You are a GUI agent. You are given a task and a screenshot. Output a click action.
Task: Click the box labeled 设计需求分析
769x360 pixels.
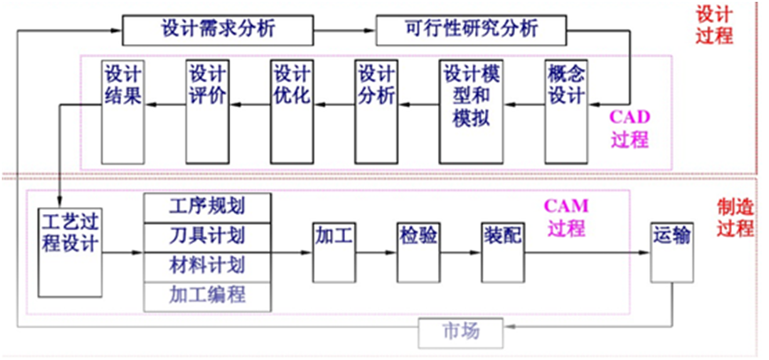218,30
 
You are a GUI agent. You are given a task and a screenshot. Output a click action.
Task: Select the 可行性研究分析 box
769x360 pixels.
472,30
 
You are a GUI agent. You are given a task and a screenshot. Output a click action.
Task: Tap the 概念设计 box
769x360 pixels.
566,111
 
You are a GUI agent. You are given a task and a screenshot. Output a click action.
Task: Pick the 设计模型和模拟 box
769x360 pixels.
471,111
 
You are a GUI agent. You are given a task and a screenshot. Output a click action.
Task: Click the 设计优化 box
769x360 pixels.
292,111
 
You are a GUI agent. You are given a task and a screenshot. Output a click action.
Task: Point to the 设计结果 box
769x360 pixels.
123,111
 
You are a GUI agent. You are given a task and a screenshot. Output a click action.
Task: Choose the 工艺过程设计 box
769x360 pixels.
70,253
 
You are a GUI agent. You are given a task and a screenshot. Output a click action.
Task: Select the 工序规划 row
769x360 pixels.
207,208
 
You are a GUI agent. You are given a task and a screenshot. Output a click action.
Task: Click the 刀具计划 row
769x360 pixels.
207,237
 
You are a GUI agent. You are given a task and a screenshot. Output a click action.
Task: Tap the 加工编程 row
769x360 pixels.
207,296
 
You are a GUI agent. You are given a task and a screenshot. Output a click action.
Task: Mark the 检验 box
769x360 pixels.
418,253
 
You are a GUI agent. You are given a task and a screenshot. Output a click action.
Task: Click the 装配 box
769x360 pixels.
503,253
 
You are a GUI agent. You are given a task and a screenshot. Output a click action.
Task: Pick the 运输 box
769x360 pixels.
672,253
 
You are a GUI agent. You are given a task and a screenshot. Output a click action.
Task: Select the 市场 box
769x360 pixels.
461,333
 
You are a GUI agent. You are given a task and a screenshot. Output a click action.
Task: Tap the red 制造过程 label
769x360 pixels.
734,218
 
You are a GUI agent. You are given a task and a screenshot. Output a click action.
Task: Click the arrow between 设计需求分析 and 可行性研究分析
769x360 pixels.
344,30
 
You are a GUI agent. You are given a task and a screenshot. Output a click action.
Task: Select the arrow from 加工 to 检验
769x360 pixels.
376,253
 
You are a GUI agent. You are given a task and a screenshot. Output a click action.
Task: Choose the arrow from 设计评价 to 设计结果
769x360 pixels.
165,104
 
